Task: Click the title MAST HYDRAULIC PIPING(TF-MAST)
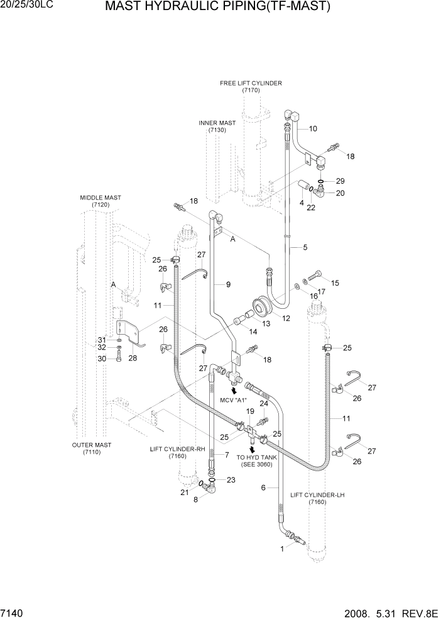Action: coord(217,8)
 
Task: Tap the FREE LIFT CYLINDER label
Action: coord(251,83)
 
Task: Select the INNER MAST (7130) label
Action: coord(217,126)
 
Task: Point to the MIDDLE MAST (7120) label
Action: coord(101,201)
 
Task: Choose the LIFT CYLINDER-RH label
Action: coord(177,452)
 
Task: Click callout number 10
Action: coord(313,129)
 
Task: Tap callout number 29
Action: coord(340,181)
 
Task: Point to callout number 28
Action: coord(133,358)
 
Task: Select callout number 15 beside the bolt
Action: coord(334,283)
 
